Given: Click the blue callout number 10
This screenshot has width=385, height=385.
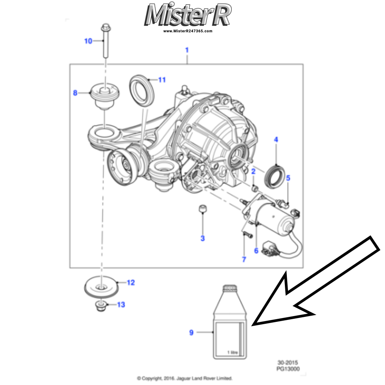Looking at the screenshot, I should tap(88, 41).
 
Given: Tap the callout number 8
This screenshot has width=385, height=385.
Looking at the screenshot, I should tap(75, 92).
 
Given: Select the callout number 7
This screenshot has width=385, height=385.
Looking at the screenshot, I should tap(244, 259).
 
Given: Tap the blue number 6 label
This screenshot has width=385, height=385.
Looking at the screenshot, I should tap(256, 251).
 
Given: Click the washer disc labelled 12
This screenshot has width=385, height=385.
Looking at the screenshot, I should tap(101, 287).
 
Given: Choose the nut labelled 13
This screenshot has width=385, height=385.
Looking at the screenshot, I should tap(101, 306).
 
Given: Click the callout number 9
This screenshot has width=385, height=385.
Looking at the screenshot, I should tap(191, 332).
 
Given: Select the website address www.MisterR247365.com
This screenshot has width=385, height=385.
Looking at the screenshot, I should tap(187, 31).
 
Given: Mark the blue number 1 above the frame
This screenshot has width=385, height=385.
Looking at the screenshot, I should tap(187, 50).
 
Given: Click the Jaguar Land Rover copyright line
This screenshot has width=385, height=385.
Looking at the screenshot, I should tap(185, 378).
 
